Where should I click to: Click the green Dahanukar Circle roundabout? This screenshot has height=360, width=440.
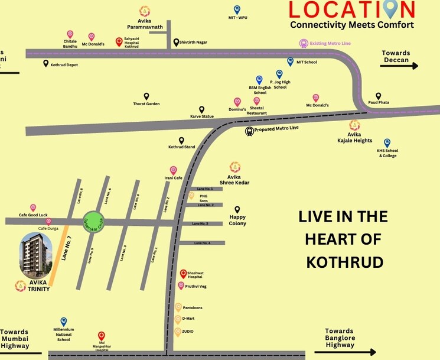click(x=93, y=222)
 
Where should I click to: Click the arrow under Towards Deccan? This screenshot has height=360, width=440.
click(x=399, y=66)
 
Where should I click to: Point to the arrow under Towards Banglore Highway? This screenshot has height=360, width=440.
click(x=349, y=352)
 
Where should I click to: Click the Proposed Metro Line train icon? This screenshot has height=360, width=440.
click(x=250, y=131)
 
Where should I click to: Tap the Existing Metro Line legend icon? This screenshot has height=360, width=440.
click(x=304, y=43)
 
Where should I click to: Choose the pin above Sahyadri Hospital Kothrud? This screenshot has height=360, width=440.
click(x=119, y=41)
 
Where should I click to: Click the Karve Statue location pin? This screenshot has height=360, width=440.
click(x=201, y=109)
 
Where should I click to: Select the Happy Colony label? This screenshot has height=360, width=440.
click(x=237, y=220)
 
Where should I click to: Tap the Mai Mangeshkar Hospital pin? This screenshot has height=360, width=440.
click(x=101, y=336)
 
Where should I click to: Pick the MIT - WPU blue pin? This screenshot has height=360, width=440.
click(x=237, y=9)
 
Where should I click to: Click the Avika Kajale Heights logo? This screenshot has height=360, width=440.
click(x=354, y=125)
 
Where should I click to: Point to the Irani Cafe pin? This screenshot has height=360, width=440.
click(x=173, y=170)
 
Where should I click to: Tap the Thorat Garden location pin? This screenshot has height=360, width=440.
click(x=146, y=96)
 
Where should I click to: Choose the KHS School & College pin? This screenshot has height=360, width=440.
click(x=387, y=142)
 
